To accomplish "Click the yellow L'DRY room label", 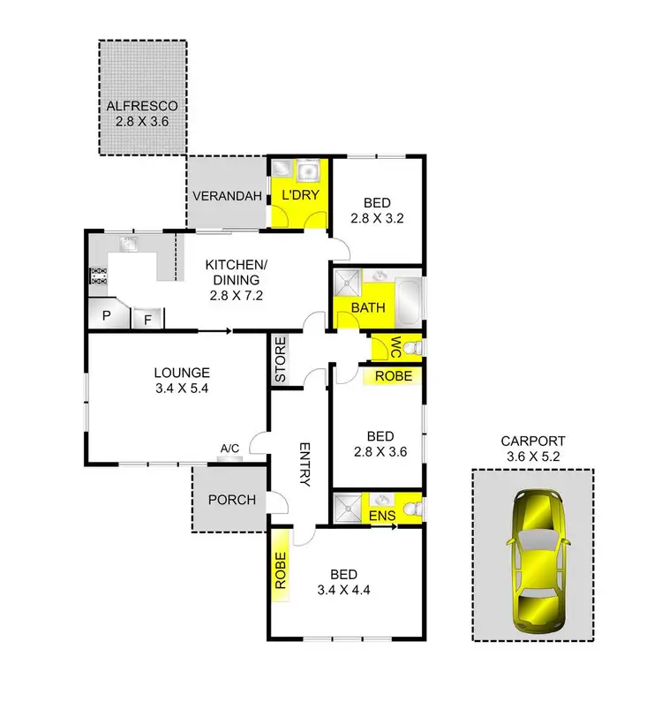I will coord(299,195).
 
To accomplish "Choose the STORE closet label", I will coord(280,360).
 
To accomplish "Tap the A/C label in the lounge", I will coord(229,449).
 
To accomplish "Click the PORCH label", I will coord(231,500).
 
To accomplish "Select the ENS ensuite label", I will coord(381,515).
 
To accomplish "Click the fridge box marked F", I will coord(147,318).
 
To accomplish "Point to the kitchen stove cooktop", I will coord(96,276).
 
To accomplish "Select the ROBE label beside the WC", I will coord(393,376).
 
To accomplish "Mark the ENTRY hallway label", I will coord(305,464).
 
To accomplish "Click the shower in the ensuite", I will coord(344,508).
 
